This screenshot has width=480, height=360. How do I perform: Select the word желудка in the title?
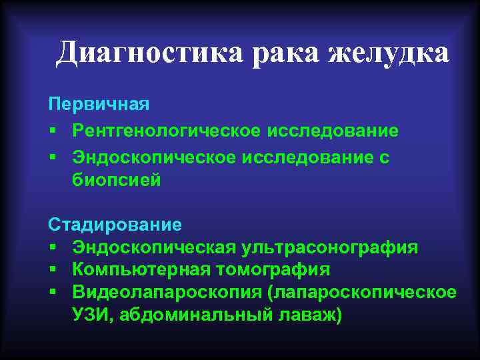[388, 52]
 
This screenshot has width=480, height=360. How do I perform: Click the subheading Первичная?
[99, 105]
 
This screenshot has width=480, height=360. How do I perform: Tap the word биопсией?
[117, 180]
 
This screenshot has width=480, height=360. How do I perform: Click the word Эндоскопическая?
[153, 247]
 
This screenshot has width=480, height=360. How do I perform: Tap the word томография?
[273, 269]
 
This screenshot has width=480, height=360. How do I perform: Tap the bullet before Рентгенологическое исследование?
[52, 131]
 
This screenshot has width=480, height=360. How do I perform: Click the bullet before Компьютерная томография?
[52, 270]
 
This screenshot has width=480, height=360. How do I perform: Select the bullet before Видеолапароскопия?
[52, 292]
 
